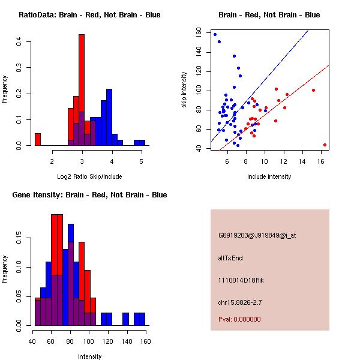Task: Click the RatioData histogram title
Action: coord(89,14)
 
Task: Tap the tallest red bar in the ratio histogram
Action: coord(82,90)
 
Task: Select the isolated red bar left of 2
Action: coord(38,139)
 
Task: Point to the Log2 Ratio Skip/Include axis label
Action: coord(89,176)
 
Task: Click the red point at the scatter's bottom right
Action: coord(325,145)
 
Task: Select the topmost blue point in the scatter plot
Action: coord(215,34)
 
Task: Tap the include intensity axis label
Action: coord(269,176)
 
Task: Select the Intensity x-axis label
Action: coord(89,356)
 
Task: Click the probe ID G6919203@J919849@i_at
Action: coord(257,235)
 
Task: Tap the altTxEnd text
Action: coord(230,257)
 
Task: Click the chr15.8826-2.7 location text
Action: coord(241,302)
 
